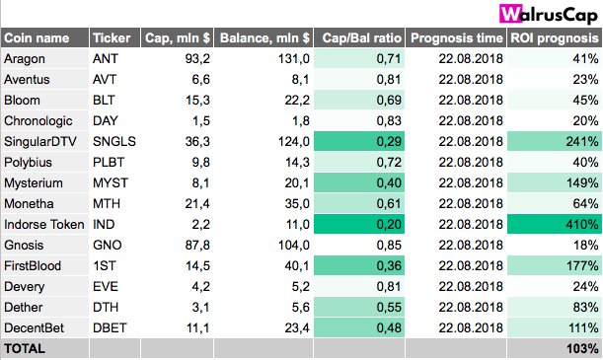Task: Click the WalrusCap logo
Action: (550, 14)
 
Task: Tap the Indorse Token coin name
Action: (44, 224)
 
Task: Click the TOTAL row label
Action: (26, 348)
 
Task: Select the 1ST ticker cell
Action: (105, 265)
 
